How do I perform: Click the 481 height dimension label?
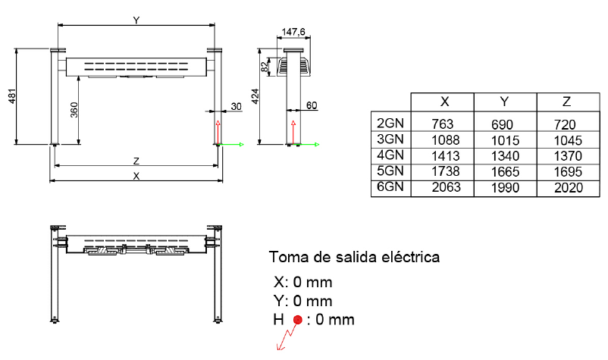tap(12, 96)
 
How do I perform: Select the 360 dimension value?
tap(74, 110)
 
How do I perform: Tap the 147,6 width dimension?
tap(293, 31)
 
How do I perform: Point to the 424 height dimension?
tap(255, 96)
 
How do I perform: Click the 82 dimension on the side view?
tap(265, 67)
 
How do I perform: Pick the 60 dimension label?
tap(312, 105)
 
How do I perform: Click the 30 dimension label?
tap(236, 106)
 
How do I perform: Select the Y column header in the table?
tap(504, 102)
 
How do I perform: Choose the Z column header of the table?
tap(566, 102)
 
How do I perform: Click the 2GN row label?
tap(390, 124)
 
